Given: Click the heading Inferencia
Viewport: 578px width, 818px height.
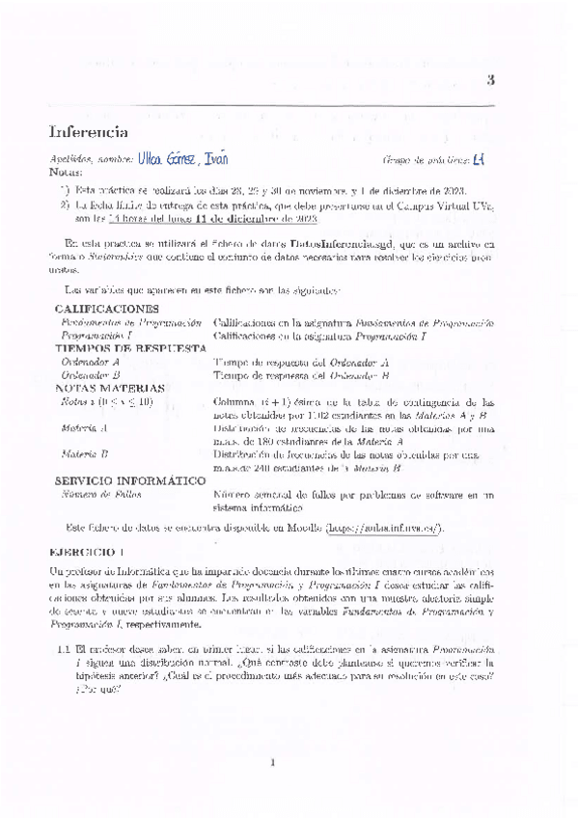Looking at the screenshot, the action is point(89,131).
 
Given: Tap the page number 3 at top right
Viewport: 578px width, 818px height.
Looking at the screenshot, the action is point(491,80).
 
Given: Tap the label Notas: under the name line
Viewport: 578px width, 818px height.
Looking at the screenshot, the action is point(65,172).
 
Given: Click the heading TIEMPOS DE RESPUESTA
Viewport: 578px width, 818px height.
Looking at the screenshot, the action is point(130,347).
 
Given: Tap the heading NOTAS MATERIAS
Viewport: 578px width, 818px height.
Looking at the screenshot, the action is point(109,388).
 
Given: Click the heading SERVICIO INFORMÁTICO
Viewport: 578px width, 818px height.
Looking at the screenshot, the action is point(129,480).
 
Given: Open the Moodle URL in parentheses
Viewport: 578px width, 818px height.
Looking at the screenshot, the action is point(383,528).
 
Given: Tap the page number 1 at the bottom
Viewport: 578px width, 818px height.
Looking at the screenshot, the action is point(274,764).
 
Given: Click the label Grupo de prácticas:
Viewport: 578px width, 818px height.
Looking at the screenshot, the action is point(426,159).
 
